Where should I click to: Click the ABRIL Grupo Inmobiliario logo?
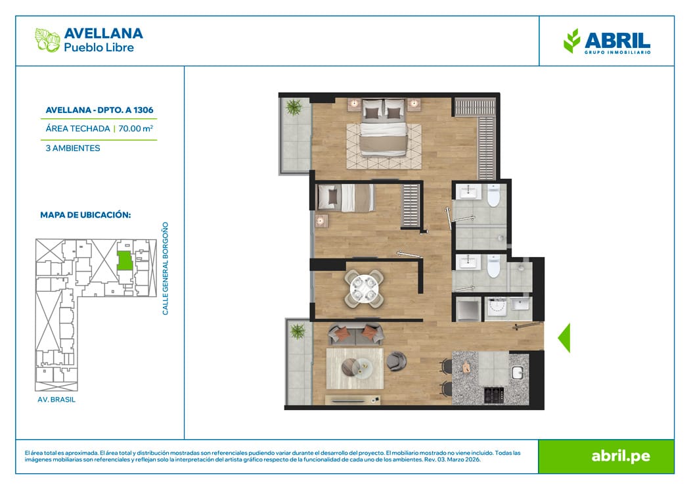pos(607,41)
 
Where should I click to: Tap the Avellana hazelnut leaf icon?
pos(47,40)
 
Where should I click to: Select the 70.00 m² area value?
pos(136,128)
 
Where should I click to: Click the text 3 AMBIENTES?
pos(73,148)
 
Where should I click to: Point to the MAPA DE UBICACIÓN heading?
pos(85,215)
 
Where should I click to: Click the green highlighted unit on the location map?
pos(124,260)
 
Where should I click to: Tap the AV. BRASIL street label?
pos(56,400)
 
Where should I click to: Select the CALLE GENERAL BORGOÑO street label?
pos(166,268)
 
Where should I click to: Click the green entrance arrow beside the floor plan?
pos(564,338)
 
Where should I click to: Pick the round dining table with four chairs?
pos(364,289)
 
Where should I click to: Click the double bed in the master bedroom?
pos(383,128)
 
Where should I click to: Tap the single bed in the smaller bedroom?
pos(346,197)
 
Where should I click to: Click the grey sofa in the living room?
pos(355,335)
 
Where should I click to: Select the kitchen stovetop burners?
pos(493,394)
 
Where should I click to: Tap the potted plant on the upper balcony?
pos(294,106)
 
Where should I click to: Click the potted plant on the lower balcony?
pos(298,331)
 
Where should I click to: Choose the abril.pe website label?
pos(621,456)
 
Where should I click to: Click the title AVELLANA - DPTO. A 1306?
pos(100,110)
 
